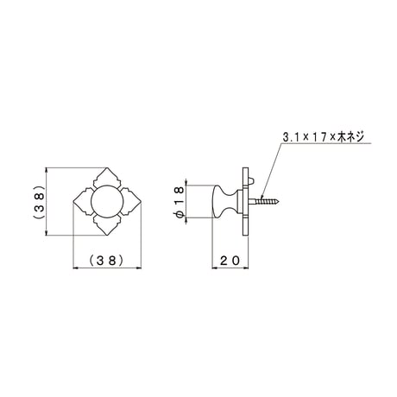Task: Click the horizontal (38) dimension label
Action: [107, 261]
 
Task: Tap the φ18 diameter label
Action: [179, 201]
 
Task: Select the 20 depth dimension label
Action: [230, 261]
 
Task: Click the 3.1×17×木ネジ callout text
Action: [324, 137]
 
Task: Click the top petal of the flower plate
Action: [108, 177]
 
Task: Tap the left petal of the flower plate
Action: [84, 201]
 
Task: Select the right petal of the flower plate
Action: [131, 201]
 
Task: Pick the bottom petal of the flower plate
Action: [107, 225]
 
